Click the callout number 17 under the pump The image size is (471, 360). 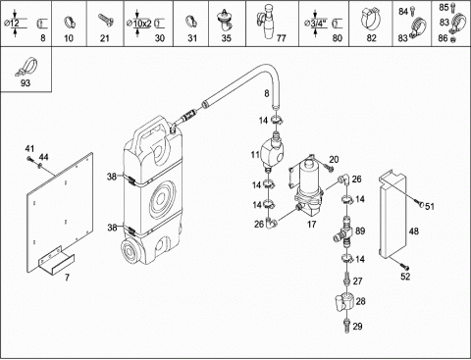point(312,225)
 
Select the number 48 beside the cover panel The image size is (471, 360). point(414,231)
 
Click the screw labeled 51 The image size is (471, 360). point(421,204)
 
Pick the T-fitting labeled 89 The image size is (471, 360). point(344,232)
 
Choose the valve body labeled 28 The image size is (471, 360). point(345,301)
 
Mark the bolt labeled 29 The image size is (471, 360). point(346,326)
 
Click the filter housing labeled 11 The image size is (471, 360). point(273,150)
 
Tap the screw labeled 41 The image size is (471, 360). point(30,159)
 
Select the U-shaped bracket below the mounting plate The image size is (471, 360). point(56,261)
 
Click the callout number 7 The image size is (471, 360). point(67,278)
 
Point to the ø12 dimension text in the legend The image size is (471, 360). point(12,24)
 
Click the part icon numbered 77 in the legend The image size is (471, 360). point(268,22)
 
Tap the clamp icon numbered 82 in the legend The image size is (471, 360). point(372,19)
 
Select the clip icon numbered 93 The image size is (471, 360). point(26,66)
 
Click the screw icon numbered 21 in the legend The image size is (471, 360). point(106,21)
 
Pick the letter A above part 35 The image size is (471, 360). point(225,12)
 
